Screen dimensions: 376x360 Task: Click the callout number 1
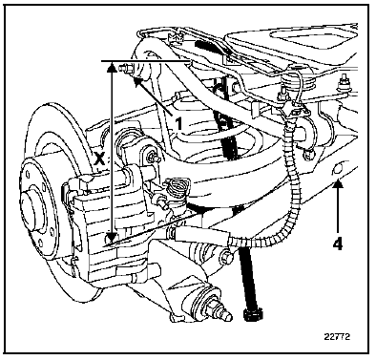point(179,123)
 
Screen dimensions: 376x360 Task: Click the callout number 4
point(338,244)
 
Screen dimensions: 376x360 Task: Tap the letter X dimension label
point(100,158)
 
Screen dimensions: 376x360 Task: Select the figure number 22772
point(337,336)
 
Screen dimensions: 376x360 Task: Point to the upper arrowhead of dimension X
point(111,67)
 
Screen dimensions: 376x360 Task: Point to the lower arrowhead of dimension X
point(111,237)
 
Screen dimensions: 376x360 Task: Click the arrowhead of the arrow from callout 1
point(137,81)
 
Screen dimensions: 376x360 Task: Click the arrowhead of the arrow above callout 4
point(338,184)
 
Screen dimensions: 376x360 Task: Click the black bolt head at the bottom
point(253,312)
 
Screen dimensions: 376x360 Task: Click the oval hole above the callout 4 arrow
point(338,168)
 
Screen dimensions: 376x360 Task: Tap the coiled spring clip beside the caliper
point(175,187)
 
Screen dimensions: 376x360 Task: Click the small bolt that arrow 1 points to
point(126,69)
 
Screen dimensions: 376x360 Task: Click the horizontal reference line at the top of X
point(145,60)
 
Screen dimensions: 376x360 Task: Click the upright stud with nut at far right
point(345,82)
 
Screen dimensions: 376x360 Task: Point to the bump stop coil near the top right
point(298,81)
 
